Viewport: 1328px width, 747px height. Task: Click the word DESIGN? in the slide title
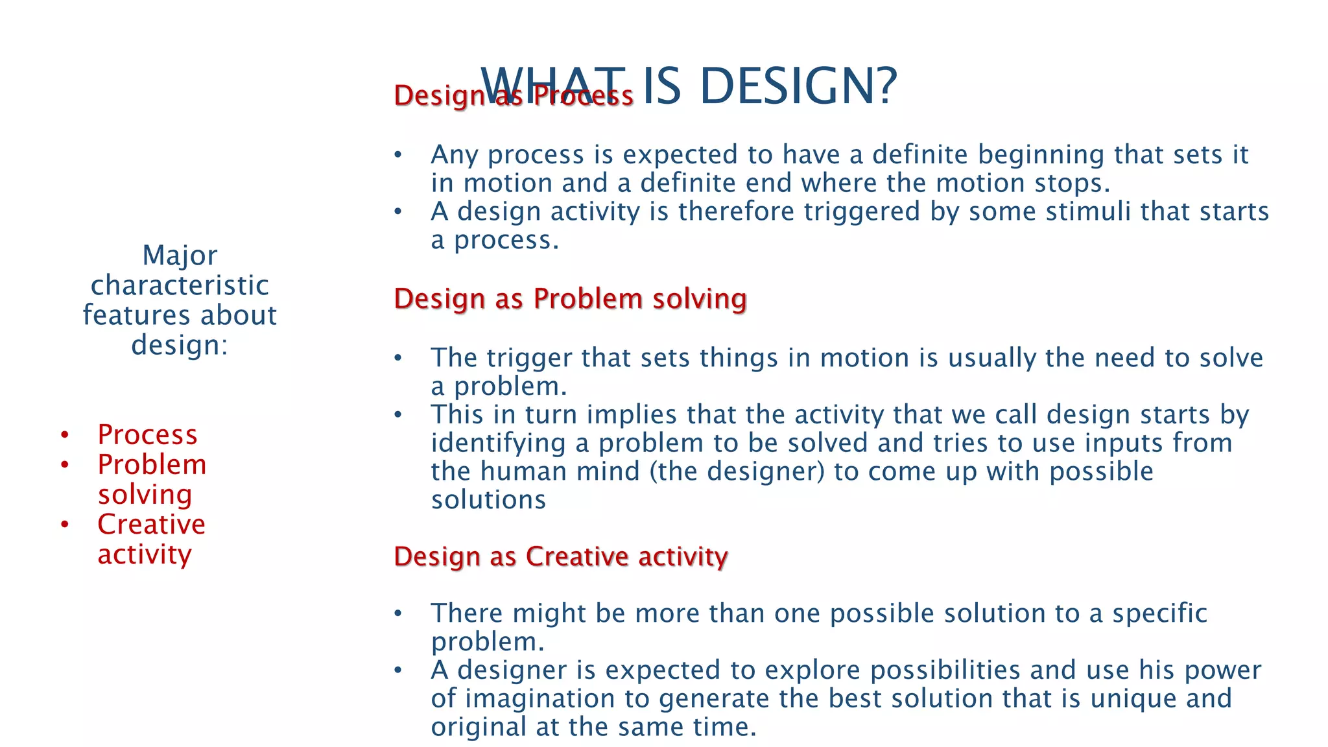(798, 86)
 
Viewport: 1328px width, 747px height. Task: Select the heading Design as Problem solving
(570, 299)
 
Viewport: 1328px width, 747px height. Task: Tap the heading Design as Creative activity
(560, 556)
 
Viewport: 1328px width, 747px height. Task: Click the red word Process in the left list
(147, 434)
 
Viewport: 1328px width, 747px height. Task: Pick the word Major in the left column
(180, 255)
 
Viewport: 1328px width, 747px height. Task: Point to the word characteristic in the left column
(180, 285)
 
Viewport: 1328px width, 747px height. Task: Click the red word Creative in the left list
(151, 524)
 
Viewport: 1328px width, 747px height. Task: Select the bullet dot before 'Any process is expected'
(398, 155)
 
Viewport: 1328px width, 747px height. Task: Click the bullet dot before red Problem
(64, 465)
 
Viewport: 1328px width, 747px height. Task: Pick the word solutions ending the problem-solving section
(488, 500)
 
